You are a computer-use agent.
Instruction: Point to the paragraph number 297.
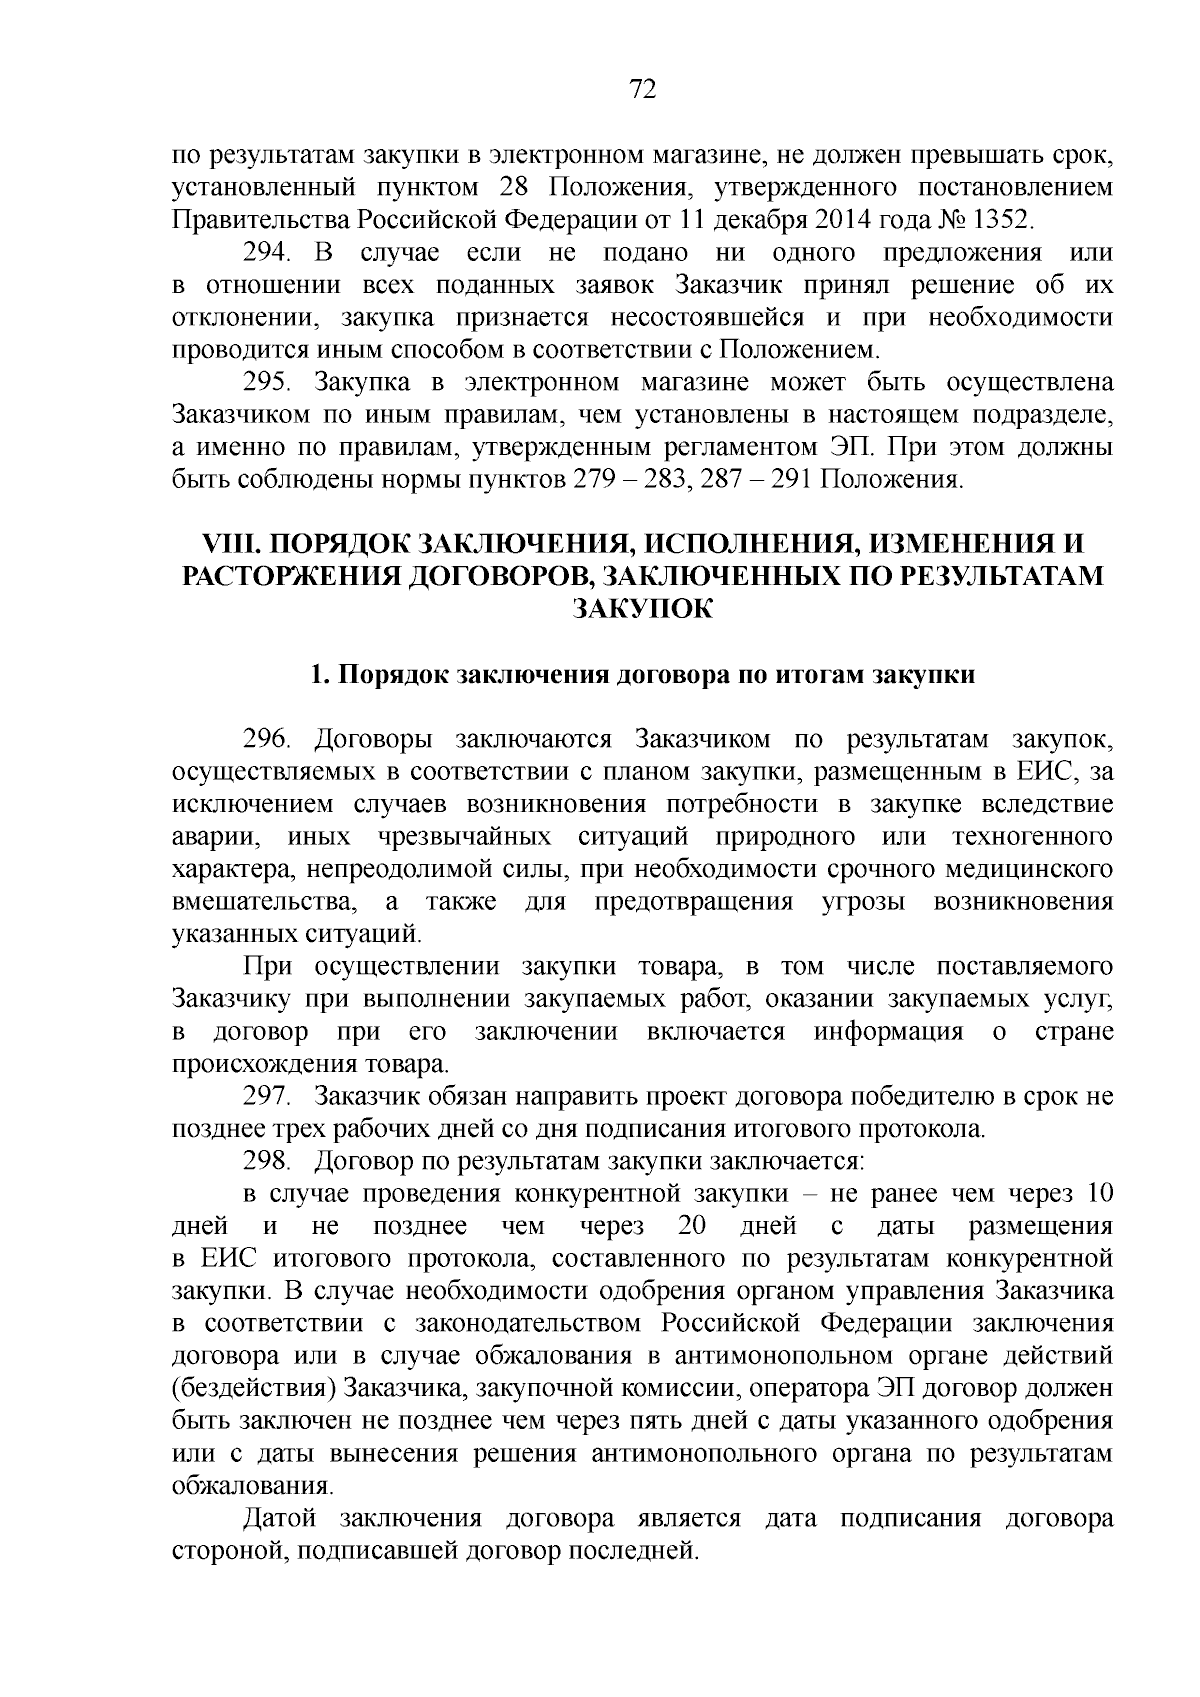(x=267, y=1096)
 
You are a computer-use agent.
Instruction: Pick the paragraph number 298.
(x=267, y=1161)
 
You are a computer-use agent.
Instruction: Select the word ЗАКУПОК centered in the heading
(x=642, y=609)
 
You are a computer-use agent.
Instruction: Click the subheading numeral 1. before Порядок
(x=319, y=674)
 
